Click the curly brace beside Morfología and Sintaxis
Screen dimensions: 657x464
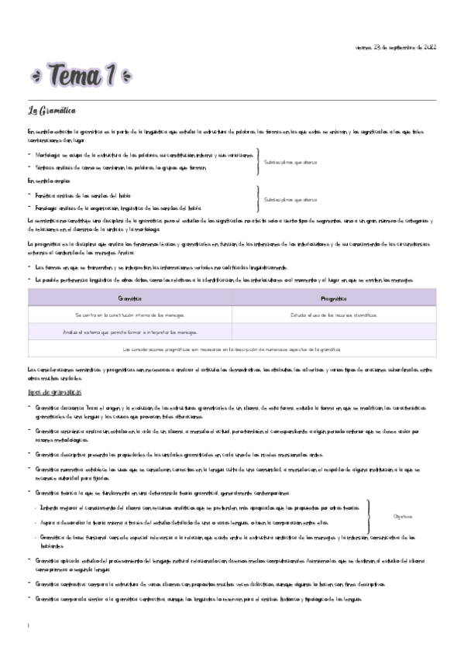point(258,161)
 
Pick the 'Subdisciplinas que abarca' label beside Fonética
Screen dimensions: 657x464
point(290,200)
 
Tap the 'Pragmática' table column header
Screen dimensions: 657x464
point(333,298)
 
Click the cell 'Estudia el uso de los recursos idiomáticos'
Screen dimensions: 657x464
point(333,315)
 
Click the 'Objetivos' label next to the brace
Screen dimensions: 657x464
point(403,516)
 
